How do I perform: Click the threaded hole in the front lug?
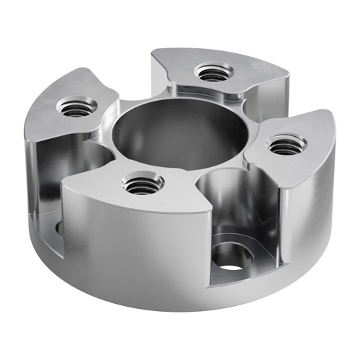pyautogui.click(x=143, y=185)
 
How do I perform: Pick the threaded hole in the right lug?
pyautogui.click(x=285, y=145)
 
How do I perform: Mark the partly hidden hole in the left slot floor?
pyautogui.click(x=58, y=229)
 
